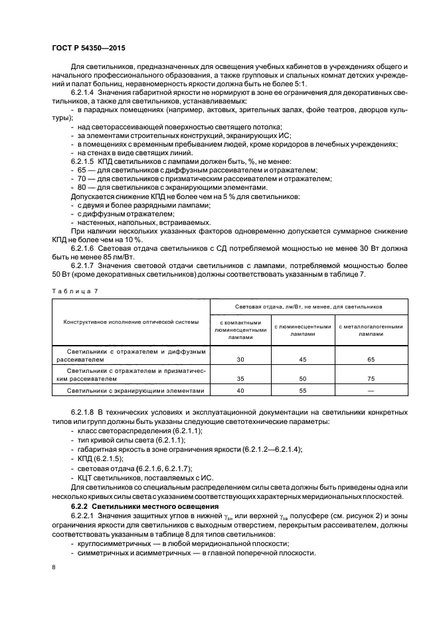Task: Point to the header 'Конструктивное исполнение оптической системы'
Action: coord(131,322)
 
